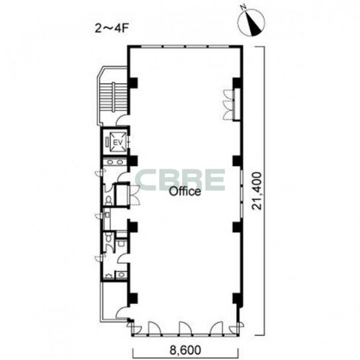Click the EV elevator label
pos(117,142)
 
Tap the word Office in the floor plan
pos(185,191)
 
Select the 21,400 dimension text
pos(257,191)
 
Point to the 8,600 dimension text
pos(185,350)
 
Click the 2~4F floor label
pos(111,29)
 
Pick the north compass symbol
pos(251,22)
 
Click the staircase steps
pos(113,97)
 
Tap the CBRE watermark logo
pos(180,180)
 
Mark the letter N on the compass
pos(244,7)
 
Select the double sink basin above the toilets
pos(114,162)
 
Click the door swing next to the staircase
pos(122,120)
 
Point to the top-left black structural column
pos(133,83)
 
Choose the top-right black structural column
pos(236,83)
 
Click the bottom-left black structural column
pos(133,298)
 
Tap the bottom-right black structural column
pos(236,298)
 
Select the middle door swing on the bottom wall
pos(185,328)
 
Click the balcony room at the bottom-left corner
pos(114,300)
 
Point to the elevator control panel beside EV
pos(107,142)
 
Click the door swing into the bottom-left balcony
pos(122,313)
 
